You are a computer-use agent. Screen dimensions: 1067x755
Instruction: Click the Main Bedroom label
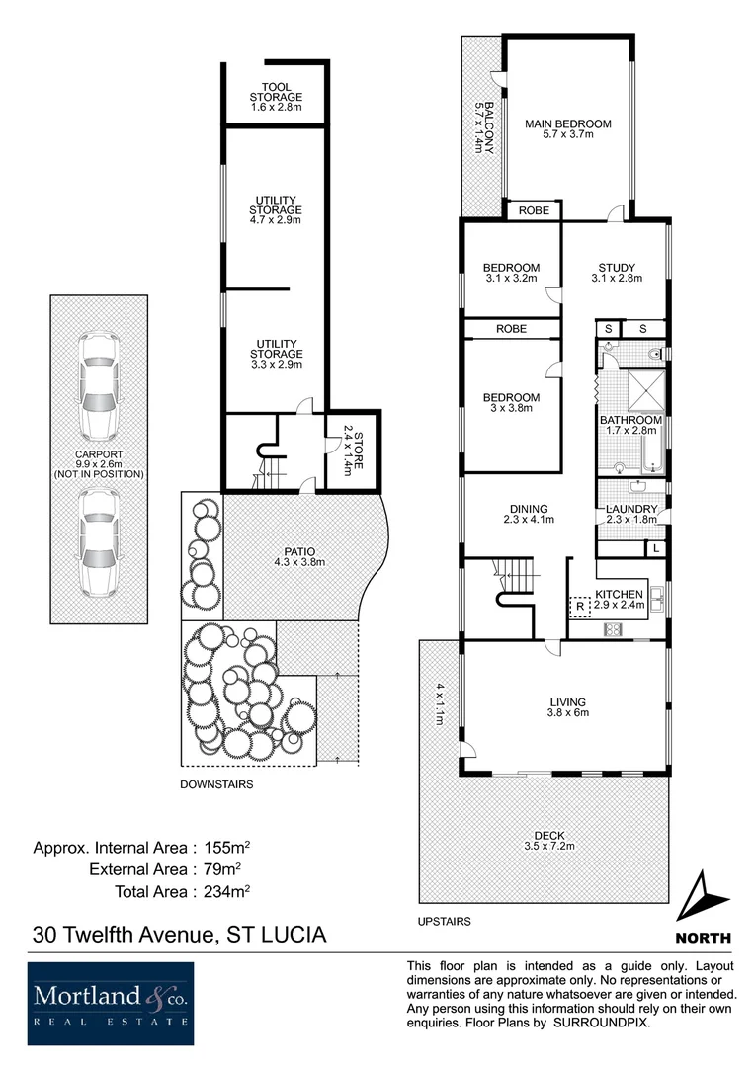(x=567, y=124)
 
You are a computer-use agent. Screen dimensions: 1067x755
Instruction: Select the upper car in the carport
(x=99, y=385)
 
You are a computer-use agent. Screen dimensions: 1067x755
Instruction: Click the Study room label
(x=617, y=268)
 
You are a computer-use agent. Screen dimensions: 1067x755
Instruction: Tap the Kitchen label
(x=620, y=594)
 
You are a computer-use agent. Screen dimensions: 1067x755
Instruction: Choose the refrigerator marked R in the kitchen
(x=580, y=605)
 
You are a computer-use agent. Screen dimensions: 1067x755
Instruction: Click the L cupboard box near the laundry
(x=656, y=547)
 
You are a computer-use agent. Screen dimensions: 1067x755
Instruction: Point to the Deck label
(x=545, y=835)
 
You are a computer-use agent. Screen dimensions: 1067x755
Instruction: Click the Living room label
(x=568, y=702)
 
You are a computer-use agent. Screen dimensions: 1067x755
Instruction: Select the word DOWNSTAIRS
(x=216, y=784)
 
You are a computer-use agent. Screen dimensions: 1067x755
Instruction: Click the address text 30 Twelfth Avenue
(x=122, y=934)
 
